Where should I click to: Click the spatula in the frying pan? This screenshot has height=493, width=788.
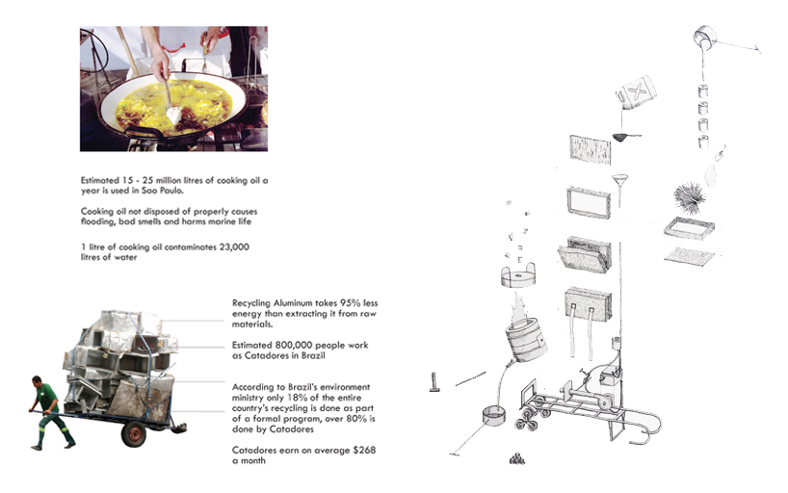click(172, 108)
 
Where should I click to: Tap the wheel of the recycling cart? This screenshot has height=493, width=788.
click(135, 434)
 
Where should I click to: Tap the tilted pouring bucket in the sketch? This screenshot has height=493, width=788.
click(706, 41)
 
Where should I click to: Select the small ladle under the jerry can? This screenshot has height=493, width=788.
click(626, 138)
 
